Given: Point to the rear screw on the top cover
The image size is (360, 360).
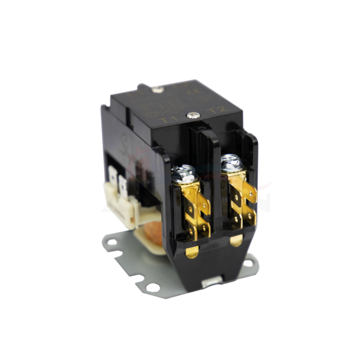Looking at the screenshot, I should click(159, 89).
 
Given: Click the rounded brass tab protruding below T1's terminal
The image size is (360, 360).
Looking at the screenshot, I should click(191, 253).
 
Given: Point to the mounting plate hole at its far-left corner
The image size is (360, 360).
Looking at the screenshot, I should click(112, 243).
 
